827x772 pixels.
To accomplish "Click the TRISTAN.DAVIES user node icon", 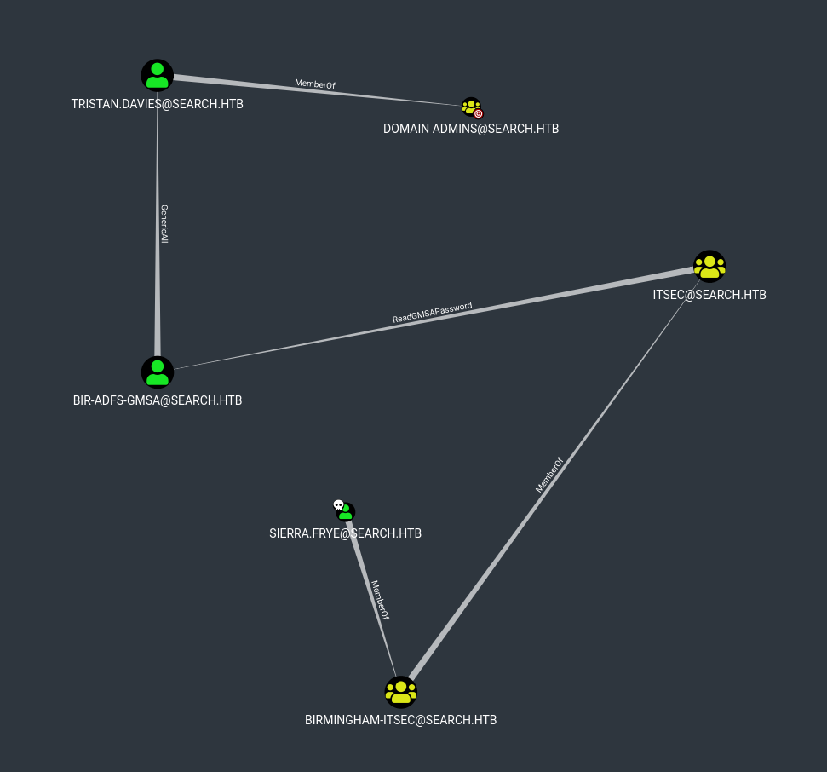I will [x=158, y=75].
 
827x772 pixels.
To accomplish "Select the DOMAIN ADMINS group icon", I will [x=470, y=107].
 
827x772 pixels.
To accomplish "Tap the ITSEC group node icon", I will [x=709, y=266].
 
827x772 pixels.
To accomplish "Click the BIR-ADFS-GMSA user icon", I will [x=158, y=372].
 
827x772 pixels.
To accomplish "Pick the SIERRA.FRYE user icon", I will [x=346, y=512].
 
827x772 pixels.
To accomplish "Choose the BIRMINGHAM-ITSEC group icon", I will [x=400, y=692].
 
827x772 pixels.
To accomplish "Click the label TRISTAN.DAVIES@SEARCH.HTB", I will [x=158, y=103].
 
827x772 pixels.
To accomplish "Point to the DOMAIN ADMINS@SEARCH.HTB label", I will [x=471, y=129].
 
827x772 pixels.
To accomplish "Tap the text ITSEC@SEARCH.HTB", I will [x=709, y=295].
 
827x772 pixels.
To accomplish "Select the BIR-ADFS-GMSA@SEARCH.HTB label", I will [x=158, y=400].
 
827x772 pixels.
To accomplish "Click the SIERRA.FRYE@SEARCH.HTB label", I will [x=345, y=533].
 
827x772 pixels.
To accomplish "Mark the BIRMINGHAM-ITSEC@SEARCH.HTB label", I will [x=400, y=720].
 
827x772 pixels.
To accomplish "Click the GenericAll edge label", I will [x=164, y=224].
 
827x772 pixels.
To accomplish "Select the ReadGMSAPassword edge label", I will [x=432, y=313].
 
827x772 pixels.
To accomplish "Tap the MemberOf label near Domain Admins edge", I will [x=315, y=84].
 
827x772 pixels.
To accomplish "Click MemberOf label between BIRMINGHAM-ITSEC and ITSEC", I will [x=549, y=475].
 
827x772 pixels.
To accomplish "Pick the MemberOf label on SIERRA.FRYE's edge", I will [x=380, y=600].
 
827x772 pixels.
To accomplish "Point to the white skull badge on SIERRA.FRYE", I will [x=338, y=505].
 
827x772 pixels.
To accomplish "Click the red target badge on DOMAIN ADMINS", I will [x=478, y=112].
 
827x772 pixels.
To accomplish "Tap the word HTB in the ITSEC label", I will [x=755, y=295].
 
